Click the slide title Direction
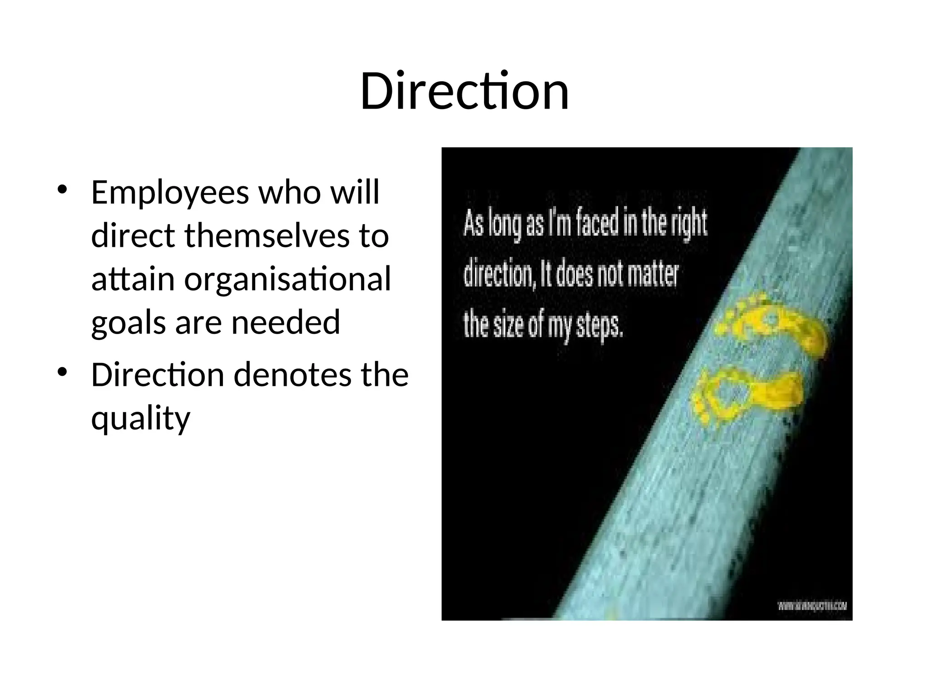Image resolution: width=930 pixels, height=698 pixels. pyautogui.click(x=465, y=92)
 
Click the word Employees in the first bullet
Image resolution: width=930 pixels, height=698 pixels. pyautogui.click(x=170, y=193)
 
